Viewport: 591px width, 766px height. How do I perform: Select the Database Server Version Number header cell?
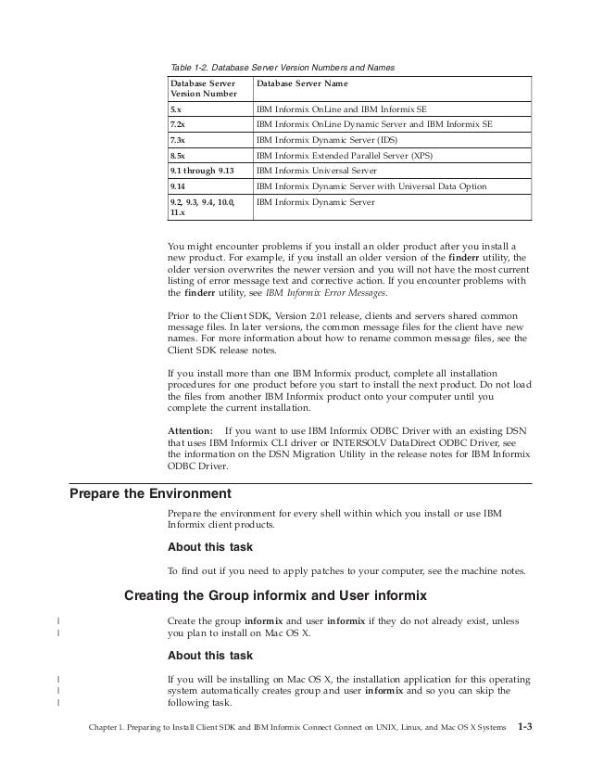pos(203,89)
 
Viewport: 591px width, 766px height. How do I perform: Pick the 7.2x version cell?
pos(177,122)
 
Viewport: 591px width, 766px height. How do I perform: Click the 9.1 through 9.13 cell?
pos(195,172)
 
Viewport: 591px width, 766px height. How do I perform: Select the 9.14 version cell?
pos(177,186)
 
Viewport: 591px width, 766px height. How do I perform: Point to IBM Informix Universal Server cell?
pos(323,172)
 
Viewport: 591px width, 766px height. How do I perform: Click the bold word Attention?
pos(190,431)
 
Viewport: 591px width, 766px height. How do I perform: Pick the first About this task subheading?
pos(209,546)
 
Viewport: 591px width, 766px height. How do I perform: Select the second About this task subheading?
pos(209,656)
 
